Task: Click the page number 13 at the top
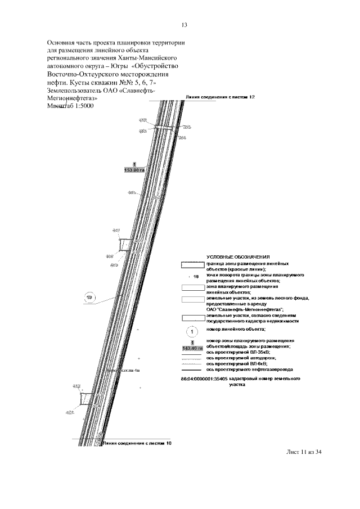point(184,25)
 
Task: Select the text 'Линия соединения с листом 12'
point(220,97)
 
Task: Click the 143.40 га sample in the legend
point(192,348)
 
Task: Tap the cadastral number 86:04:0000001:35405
point(204,380)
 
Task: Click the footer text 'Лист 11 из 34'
point(304,452)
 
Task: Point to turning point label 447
point(116,231)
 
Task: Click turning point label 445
point(132,192)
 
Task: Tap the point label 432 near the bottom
point(76,386)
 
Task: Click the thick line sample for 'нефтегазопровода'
point(192,370)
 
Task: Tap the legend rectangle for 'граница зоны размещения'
point(192,265)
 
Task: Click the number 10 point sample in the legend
point(196,277)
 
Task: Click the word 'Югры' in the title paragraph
point(119,65)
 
